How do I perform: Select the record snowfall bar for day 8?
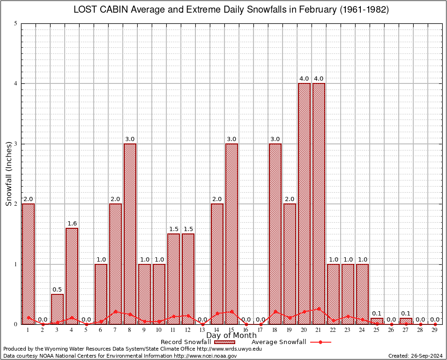[x=130, y=234]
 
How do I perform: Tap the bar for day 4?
[x=72, y=276]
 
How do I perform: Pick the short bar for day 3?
[x=57, y=309]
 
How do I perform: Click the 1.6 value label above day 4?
[x=72, y=223]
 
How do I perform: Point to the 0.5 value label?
[x=57, y=289]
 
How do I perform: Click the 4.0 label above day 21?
[x=319, y=78]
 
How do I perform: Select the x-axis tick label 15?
[x=231, y=330]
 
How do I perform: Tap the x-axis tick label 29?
[x=435, y=330]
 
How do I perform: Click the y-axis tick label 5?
[x=16, y=23]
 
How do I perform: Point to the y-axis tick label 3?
[x=16, y=144]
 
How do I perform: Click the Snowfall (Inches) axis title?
[x=8, y=174]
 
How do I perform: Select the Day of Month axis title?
[x=231, y=336]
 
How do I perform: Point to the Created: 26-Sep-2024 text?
[x=416, y=356]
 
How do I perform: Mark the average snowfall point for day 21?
[x=319, y=309]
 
